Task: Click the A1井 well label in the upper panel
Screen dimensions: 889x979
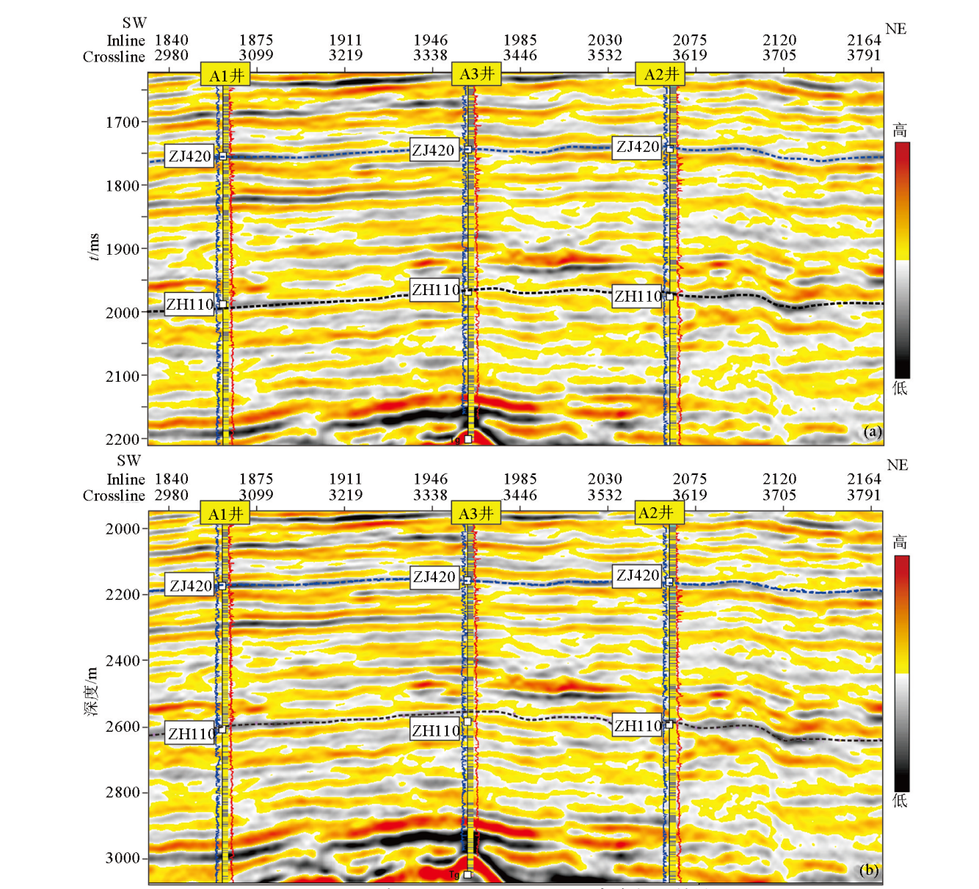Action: click(x=225, y=75)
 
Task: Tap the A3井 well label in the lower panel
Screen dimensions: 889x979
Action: click(x=476, y=513)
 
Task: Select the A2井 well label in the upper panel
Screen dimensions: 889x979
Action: click(x=660, y=74)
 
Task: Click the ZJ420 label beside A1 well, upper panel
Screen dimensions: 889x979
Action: click(x=189, y=156)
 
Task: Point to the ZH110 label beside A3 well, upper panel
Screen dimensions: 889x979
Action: click(x=435, y=290)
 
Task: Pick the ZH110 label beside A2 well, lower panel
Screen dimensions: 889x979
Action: click(x=638, y=725)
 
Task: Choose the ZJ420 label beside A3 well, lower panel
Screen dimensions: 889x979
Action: click(x=434, y=577)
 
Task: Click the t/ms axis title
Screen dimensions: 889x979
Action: click(x=93, y=247)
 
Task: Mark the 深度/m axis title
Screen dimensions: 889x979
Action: click(x=91, y=691)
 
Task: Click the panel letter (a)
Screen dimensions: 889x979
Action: click(x=871, y=431)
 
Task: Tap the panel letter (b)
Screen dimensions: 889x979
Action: click(x=869, y=870)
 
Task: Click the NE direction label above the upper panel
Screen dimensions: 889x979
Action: click(x=895, y=29)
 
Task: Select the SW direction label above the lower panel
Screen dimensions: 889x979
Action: click(x=128, y=460)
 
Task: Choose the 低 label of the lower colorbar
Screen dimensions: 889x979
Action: click(x=900, y=800)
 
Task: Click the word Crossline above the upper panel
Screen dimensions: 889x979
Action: click(x=114, y=57)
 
